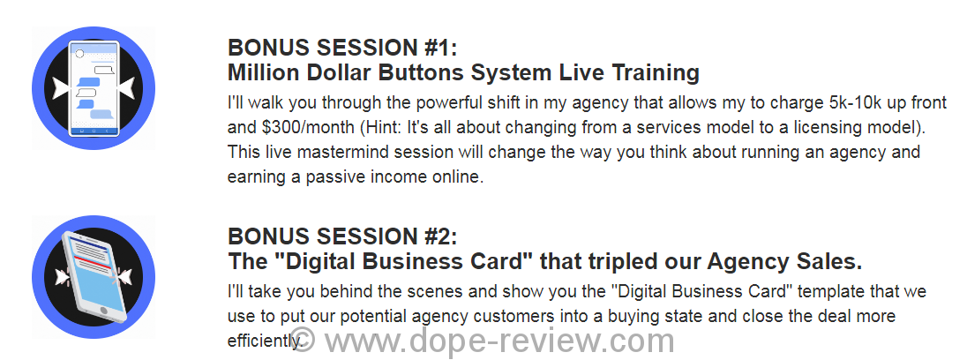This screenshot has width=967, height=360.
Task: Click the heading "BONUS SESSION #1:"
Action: coord(343,48)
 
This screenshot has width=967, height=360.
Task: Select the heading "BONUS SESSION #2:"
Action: coord(343,236)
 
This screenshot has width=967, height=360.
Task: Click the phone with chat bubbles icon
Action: coord(94,88)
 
